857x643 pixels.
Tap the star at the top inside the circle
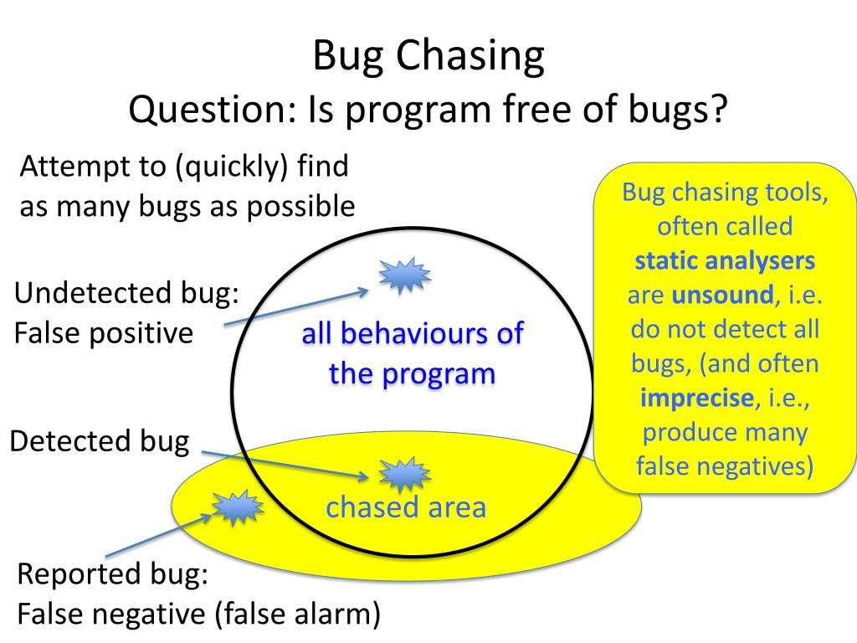tap(405, 275)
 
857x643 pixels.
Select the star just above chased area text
tap(405, 475)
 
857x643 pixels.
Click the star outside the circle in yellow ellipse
tap(237, 507)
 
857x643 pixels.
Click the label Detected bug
tap(99, 441)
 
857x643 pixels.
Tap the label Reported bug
tap(113, 575)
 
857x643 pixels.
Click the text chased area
tap(406, 507)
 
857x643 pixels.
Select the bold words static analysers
tap(725, 260)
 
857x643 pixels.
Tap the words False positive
tap(104, 333)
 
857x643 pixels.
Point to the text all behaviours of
tap(412, 334)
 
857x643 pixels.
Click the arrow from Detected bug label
tap(285, 466)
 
